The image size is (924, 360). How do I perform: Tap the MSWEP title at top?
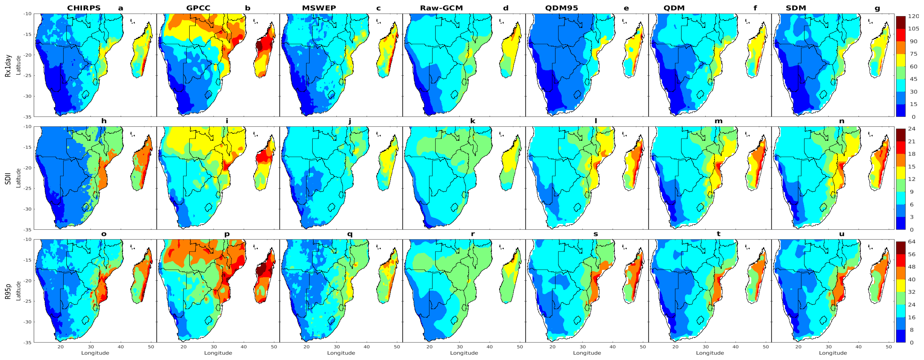(319, 8)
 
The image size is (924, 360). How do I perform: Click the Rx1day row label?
(8, 66)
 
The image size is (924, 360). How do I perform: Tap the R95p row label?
(8, 291)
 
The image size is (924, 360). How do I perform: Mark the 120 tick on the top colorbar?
(913, 16)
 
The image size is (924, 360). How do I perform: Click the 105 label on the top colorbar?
(913, 29)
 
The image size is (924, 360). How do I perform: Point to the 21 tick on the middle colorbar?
(912, 141)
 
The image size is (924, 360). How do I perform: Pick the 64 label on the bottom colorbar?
(912, 242)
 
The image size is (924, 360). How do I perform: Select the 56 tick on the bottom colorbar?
(912, 254)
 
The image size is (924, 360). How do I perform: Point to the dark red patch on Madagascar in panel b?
(259, 47)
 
